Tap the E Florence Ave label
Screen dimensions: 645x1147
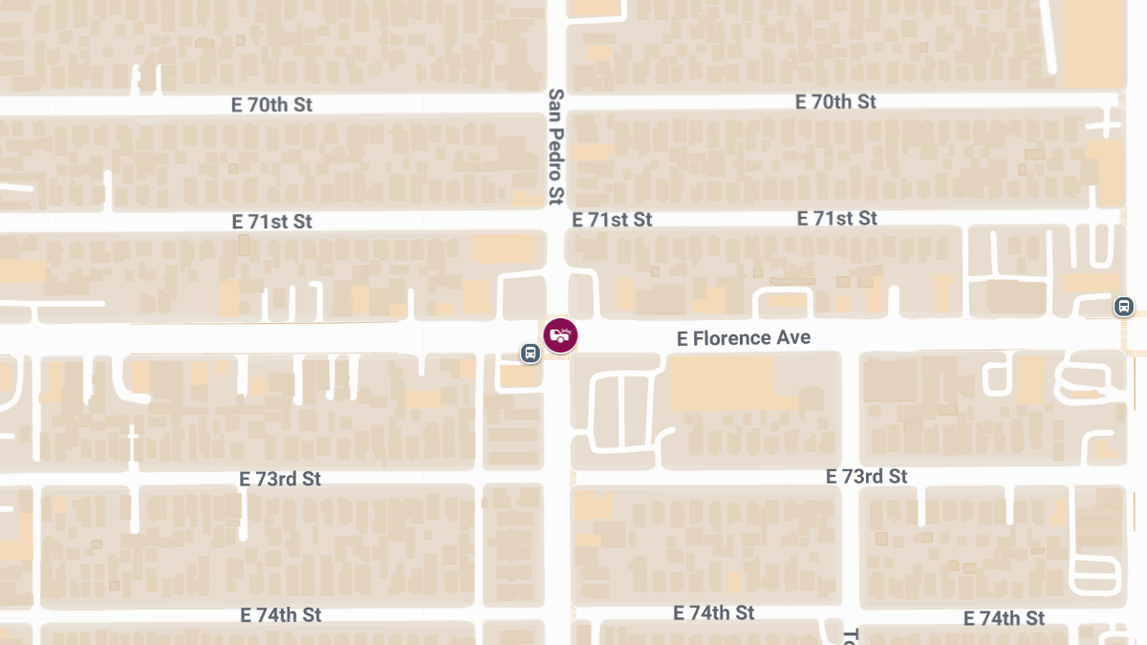[743, 338]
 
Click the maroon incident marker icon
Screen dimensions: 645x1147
[561, 335]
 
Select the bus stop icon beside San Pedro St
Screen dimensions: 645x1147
[530, 354]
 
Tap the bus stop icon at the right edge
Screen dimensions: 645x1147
[1124, 307]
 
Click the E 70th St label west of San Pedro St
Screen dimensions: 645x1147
[272, 105]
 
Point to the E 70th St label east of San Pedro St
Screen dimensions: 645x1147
[835, 101]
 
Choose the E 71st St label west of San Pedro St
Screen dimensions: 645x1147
[272, 222]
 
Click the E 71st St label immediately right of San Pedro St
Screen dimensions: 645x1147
[612, 220]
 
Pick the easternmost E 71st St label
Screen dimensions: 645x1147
[837, 219]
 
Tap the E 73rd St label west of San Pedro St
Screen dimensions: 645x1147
[281, 479]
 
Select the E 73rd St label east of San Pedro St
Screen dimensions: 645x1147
[867, 476]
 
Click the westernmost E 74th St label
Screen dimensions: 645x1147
[281, 614]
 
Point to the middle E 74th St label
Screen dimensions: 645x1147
[714, 613]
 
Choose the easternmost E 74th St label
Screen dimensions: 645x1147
[1004, 618]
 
